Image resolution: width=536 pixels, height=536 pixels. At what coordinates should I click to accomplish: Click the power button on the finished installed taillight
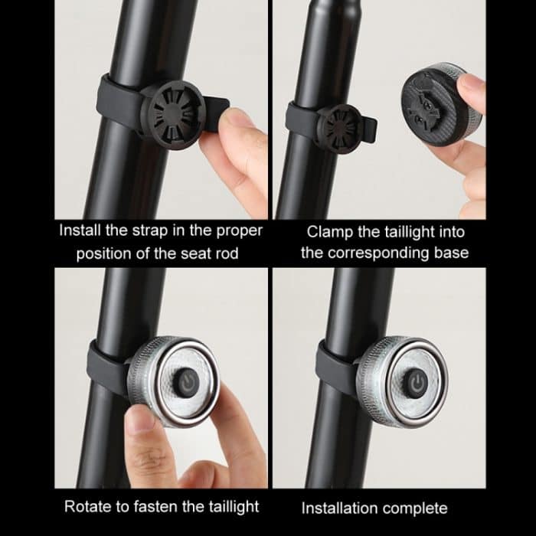coord(418,381)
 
